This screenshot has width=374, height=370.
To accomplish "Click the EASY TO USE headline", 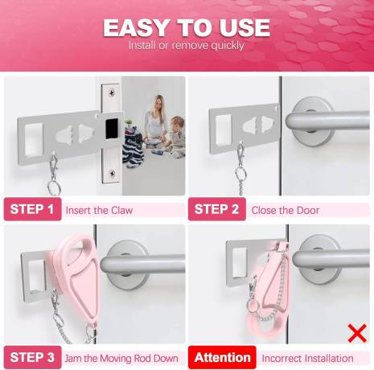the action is pos(187,27).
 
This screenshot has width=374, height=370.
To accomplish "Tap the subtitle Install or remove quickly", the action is pos(187,45).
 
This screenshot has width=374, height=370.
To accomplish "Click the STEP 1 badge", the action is pos(32,209).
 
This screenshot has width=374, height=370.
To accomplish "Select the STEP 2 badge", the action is pos(217,209).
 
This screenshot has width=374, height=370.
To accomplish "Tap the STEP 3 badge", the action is pos(32,357).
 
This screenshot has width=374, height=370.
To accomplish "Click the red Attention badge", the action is pos(222,357).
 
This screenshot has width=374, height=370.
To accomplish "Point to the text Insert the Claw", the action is pos(99,210).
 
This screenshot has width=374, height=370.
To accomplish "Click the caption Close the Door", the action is pos(286,210).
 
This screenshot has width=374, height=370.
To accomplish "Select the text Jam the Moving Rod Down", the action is pos(121,359).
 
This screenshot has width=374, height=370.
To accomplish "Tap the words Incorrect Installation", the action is pos(307,359).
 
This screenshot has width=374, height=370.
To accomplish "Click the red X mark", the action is pos(357,333).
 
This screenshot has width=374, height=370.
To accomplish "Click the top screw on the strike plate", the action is pos(111,92).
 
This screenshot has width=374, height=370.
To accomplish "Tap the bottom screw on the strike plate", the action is pos(112,173).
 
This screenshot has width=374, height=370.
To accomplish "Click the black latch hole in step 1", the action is pos(112,129).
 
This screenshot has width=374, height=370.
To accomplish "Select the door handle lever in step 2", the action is pos(327,121).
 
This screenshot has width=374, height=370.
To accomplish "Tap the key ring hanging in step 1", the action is pos(54,187).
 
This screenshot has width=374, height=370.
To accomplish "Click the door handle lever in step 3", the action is pos(143,264).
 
